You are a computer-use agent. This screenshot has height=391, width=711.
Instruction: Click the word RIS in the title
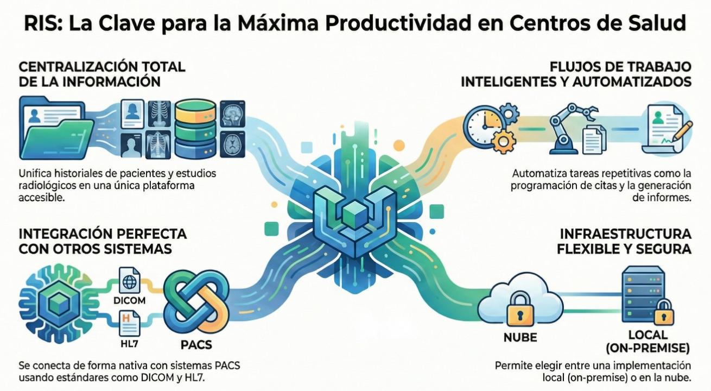pyautogui.click(x=43, y=23)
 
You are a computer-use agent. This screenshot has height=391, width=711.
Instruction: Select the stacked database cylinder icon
pyautogui.click(x=195, y=129)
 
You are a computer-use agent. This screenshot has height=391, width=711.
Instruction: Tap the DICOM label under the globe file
pyautogui.click(x=130, y=300)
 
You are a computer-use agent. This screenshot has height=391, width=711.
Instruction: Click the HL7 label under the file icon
pyautogui.click(x=130, y=344)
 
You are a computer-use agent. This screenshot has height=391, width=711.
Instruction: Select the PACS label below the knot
pyautogui.click(x=196, y=345)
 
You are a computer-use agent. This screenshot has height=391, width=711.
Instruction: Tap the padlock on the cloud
pyautogui.click(x=520, y=310)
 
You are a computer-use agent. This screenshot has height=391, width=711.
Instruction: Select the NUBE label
pyautogui.click(x=520, y=337)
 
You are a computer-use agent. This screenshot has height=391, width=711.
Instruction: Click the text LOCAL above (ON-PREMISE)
pyautogui.click(x=648, y=335)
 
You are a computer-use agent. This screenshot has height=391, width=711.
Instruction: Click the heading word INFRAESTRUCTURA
pyautogui.click(x=625, y=235)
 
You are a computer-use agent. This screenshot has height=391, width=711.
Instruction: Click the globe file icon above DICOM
pyautogui.click(x=130, y=280)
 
